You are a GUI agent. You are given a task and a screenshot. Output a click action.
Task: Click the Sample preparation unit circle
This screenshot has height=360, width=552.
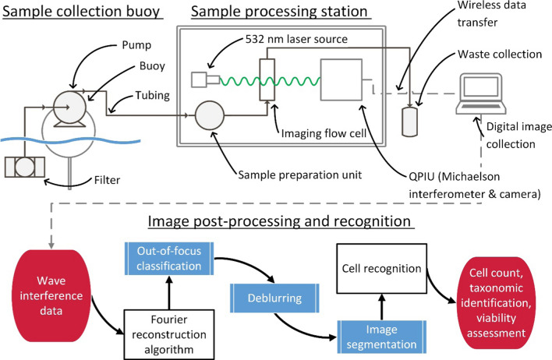tap(210, 117)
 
